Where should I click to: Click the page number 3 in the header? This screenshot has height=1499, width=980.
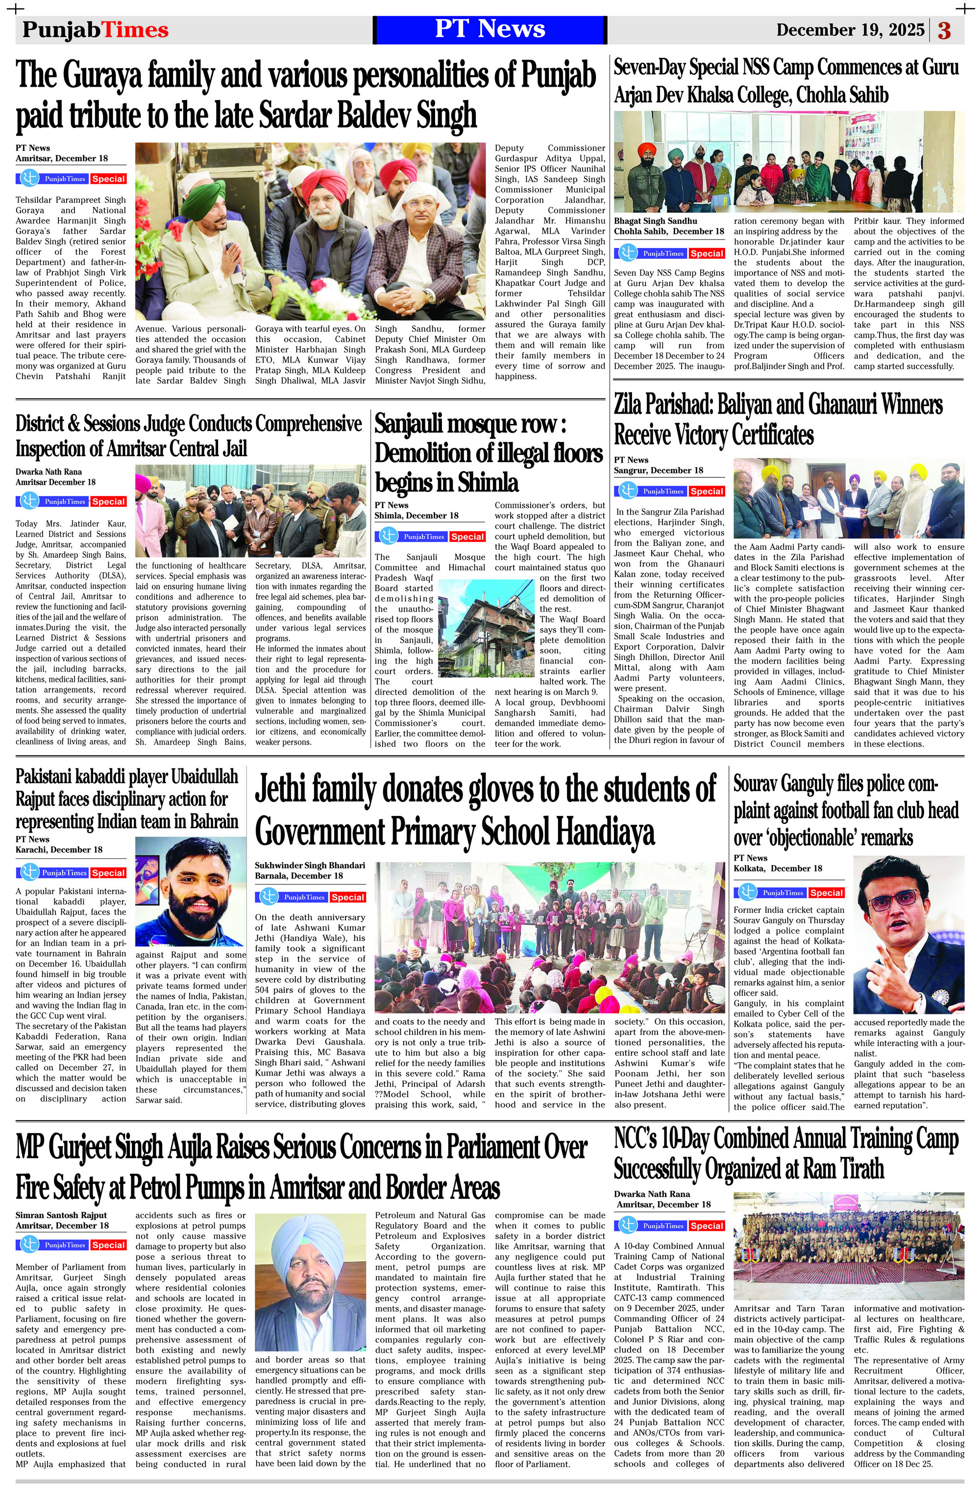[944, 30]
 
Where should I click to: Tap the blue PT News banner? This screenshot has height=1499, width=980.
[490, 29]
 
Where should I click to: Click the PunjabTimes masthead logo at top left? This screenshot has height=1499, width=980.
[95, 29]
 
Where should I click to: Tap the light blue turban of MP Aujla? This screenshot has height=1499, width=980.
[309, 1236]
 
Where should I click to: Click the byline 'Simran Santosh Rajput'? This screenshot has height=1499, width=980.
[61, 1215]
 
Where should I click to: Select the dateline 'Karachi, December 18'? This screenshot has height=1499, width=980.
[59, 850]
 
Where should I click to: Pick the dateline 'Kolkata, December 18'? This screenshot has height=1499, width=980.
[777, 868]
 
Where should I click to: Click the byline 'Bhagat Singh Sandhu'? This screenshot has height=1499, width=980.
[655, 221]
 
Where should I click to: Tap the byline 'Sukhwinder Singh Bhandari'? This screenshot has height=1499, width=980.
[310, 865]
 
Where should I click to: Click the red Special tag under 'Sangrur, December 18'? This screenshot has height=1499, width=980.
[706, 491]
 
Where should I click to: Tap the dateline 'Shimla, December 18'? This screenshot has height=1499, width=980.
[416, 515]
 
